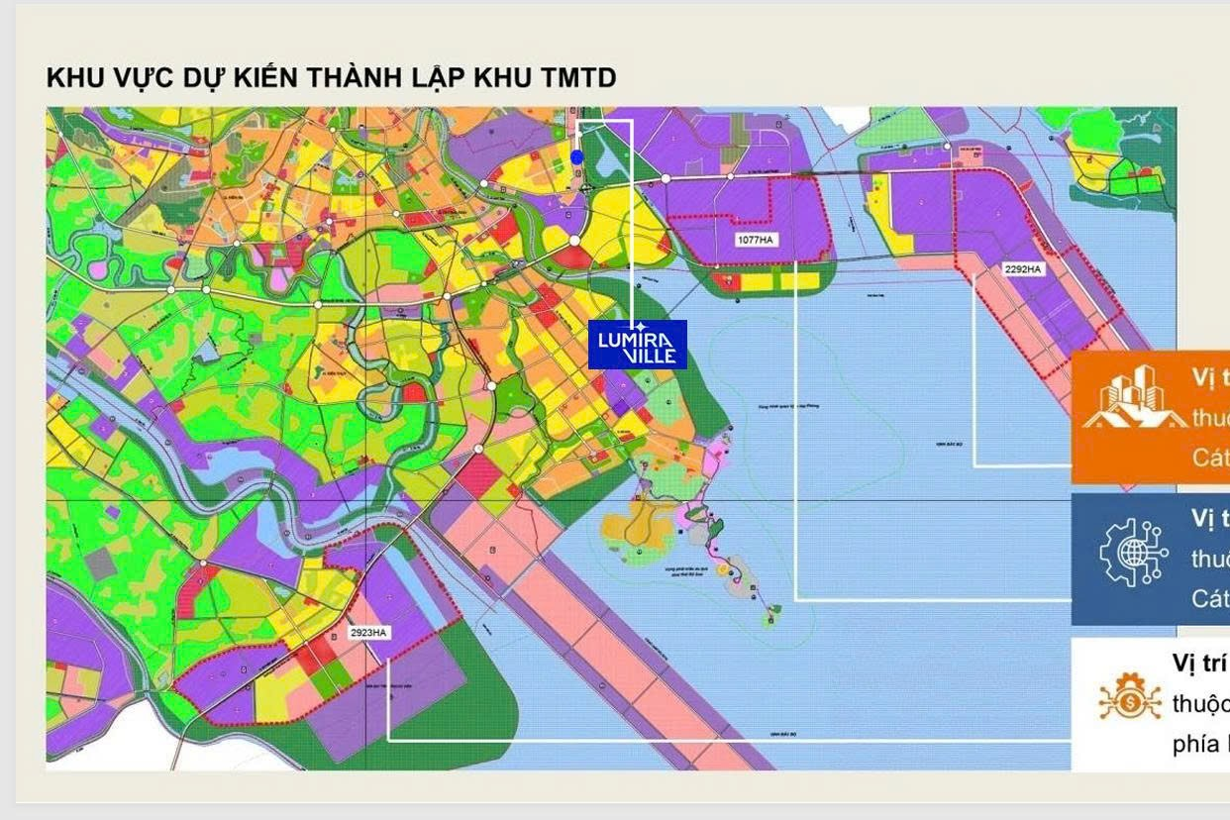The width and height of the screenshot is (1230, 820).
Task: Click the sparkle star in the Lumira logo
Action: tap(643, 326)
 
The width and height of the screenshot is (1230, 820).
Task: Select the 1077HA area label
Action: tap(755, 241)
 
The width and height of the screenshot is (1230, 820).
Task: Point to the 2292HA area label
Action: tap(1023, 268)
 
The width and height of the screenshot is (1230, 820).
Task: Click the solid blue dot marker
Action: tap(577, 157)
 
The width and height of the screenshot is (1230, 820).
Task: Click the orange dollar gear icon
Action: tap(1129, 697)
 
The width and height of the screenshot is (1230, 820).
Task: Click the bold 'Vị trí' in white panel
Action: tap(1200, 663)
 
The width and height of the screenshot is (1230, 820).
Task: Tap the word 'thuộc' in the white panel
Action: tap(1200, 704)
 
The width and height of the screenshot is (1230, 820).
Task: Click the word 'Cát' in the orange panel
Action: tap(1210, 457)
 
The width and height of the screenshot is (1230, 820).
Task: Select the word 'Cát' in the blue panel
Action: tap(1210, 598)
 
